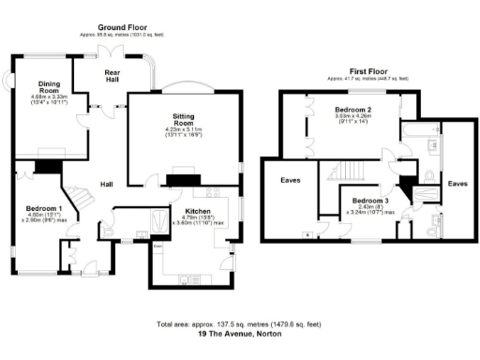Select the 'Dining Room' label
point(40,86)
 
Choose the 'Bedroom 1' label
point(44,208)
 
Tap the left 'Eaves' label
point(290,178)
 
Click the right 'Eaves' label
point(457,184)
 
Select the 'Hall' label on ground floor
point(108,185)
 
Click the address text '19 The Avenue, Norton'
point(240,334)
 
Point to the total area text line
point(240,324)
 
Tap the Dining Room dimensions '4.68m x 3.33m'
point(40,97)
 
